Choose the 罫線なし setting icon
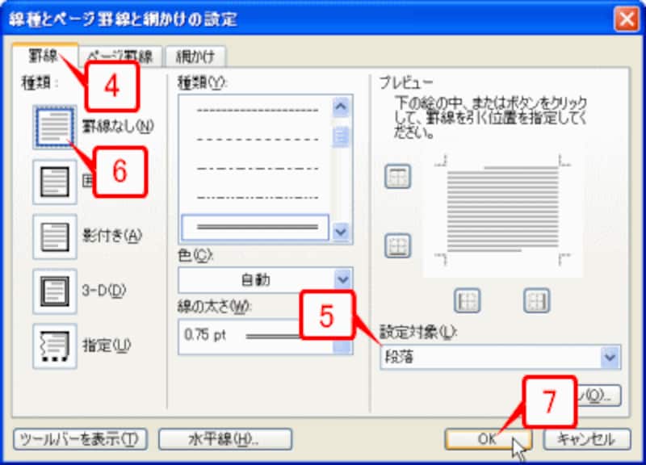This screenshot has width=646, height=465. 54,127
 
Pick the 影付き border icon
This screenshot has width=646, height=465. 54,236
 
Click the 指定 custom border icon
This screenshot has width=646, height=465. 54,346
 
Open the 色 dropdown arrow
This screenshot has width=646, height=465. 343,280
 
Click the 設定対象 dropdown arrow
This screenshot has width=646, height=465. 610,356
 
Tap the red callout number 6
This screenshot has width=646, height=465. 120,170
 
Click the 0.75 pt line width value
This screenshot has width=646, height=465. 206,333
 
